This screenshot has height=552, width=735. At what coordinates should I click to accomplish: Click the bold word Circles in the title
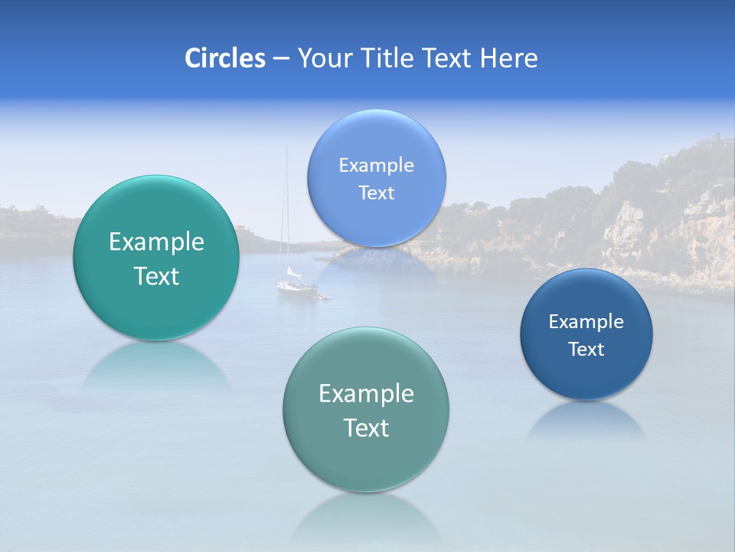tap(224, 58)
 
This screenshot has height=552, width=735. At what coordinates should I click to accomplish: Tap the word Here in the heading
tap(508, 58)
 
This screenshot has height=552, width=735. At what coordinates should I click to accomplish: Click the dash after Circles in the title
tap(280, 59)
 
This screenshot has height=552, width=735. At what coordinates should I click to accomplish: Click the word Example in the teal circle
tap(156, 242)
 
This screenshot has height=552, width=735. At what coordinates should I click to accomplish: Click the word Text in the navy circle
tap(586, 350)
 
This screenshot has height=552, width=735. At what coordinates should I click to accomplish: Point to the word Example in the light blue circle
tap(376, 166)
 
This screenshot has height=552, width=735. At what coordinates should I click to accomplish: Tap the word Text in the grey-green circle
tap(366, 428)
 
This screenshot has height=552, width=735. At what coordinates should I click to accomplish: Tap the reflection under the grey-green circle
tap(366, 517)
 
